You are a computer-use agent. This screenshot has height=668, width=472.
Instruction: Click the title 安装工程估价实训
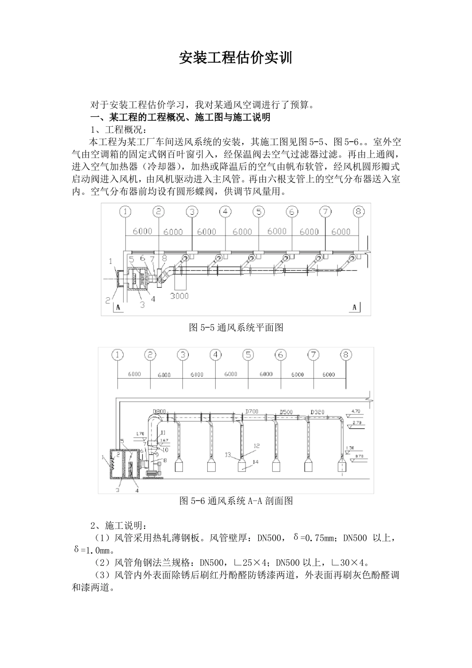coord(236,58)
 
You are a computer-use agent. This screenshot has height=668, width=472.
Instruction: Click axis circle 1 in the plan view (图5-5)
coord(125,212)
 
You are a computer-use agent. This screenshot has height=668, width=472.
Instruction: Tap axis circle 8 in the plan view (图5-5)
coord(359,212)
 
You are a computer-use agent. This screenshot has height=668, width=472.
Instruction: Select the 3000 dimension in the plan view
coord(179,296)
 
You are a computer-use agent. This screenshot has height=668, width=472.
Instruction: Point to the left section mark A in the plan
coord(118,308)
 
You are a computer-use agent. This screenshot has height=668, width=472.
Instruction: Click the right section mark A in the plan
coord(355,308)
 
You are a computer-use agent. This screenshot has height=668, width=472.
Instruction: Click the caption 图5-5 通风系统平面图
coord(236,328)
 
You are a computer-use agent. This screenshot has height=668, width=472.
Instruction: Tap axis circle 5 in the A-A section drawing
coord(248,355)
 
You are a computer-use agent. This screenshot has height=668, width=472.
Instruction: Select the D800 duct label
coord(159,412)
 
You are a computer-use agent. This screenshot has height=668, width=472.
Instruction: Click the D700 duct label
coord(252,412)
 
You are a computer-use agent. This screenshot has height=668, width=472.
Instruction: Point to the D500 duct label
coord(286,412)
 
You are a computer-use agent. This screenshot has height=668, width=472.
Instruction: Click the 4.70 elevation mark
coord(356,411)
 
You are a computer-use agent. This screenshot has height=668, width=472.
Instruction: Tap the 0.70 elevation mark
coord(360,456)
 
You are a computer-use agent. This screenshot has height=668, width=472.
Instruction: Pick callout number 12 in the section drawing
coord(256,446)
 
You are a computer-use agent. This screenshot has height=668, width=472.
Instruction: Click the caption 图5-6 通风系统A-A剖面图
coord(236,501)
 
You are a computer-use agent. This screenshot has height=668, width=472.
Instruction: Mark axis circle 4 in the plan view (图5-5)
coord(225,212)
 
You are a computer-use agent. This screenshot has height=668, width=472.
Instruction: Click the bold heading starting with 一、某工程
coord(180,118)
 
